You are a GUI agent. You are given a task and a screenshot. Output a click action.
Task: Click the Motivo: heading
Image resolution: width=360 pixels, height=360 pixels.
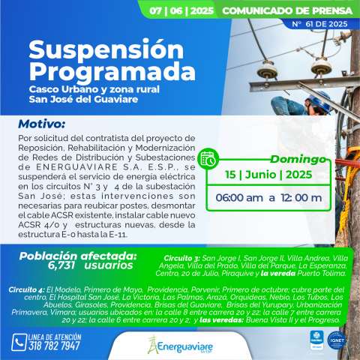[x=42, y=123]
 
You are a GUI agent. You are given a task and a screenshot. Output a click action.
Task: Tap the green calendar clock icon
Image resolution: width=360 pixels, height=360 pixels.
[x=208, y=157]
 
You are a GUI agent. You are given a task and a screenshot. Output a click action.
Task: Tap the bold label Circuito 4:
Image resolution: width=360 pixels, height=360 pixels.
[x=26, y=288]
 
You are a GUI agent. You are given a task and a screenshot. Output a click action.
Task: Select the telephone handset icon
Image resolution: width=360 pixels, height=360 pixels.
[x=19, y=342]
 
